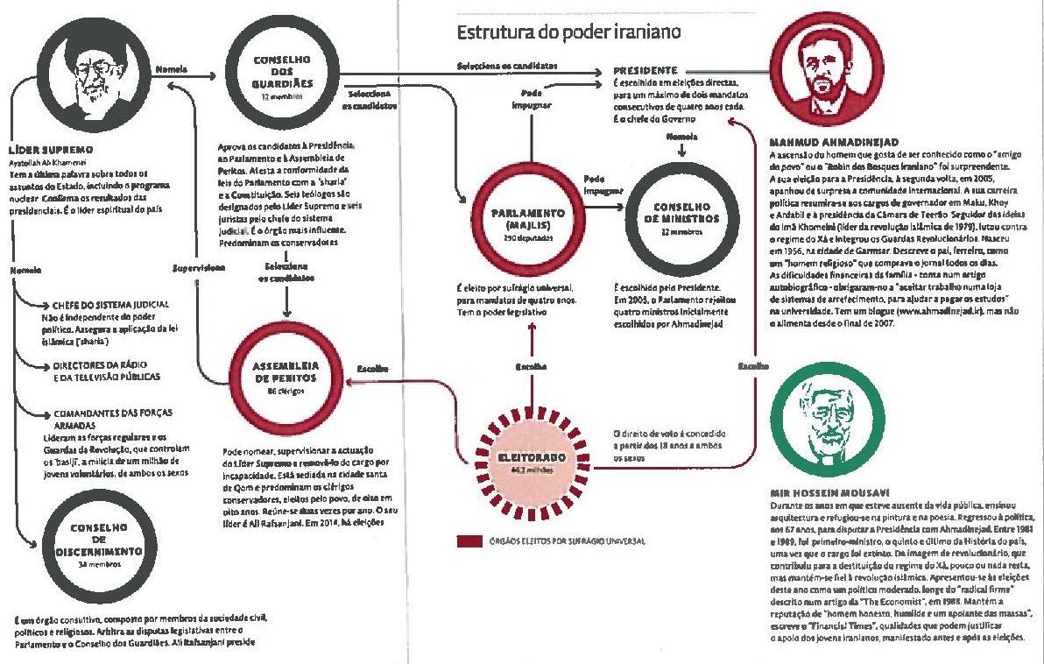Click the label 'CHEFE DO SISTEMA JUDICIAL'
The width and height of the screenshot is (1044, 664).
point(110,304)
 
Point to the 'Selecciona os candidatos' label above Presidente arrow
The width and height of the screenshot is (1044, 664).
point(507,67)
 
